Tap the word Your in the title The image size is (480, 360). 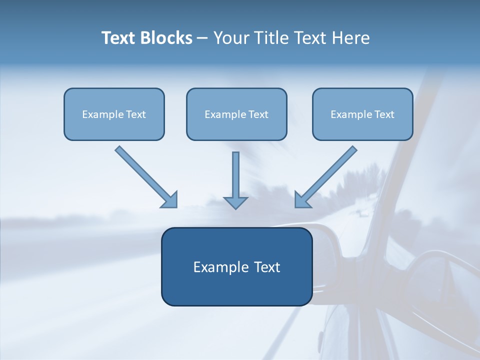click(x=231, y=38)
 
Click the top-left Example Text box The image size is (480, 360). click(x=114, y=114)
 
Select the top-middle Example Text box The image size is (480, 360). click(x=236, y=114)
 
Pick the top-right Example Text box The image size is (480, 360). click(x=362, y=114)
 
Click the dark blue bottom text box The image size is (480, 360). click(x=236, y=266)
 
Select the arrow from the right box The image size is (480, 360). click(x=327, y=175)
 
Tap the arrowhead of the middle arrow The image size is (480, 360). click(x=235, y=202)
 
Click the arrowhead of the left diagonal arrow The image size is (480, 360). click(x=170, y=200)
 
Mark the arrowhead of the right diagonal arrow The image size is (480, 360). click(x=302, y=200)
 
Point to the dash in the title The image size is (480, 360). click(x=202, y=38)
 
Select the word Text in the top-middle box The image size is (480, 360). click(x=258, y=114)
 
